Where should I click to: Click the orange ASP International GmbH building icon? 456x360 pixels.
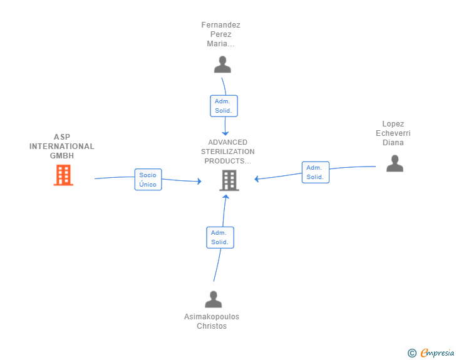pos(63,175)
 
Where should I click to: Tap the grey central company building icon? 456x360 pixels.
pos(229,180)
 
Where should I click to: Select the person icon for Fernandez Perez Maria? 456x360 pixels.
pos(222,64)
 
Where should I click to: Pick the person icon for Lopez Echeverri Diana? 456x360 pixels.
pos(395,163)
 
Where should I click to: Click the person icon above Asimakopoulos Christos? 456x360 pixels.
pos(214,299)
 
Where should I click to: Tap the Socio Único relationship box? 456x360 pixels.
pos(148,180)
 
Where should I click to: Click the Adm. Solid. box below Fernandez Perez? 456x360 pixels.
pos(224,106)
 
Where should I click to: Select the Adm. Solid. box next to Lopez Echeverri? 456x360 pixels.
pos(316,172)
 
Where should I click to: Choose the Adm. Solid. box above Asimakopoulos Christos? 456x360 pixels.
pos(220,237)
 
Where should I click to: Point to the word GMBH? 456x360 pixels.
pos(62,156)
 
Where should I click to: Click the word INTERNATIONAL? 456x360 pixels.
pos(61,147)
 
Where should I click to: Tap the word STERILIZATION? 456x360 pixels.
pos(228,152)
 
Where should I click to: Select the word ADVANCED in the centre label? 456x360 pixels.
pos(228,142)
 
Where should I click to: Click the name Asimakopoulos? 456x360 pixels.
pos(212,317)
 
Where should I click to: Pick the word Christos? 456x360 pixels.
pos(212,326)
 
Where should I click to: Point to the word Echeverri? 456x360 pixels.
pos(393,133)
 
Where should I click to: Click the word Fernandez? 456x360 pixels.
pos(220,25)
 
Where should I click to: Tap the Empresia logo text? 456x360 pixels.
pos(437,352)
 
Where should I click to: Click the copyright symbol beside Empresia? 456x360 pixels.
pos(412,353)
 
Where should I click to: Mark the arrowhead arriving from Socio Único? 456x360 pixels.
pos(199,181)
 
